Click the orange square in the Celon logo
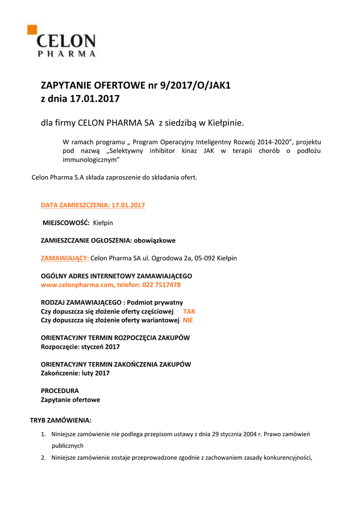pos(32,29)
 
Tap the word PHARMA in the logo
pos(67,53)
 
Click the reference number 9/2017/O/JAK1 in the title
pos(195,85)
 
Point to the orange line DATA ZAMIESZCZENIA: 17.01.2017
pos(92,205)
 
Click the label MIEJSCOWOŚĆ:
pos(66,223)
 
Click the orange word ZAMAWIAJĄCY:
pos(65,258)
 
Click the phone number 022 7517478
pos(161,285)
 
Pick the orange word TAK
pos(189,311)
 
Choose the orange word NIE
pos(188,320)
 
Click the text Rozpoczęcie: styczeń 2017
pos(80,347)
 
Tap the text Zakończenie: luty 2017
pos(75,373)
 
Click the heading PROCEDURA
pos(60,390)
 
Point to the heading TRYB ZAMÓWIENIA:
pos(61,420)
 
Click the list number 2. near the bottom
pos(43,457)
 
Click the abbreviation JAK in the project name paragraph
pos(209,150)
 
